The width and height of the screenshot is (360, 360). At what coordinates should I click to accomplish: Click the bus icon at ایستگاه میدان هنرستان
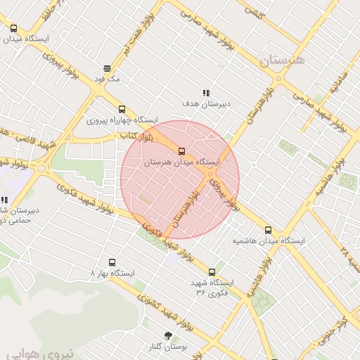coord(182,150)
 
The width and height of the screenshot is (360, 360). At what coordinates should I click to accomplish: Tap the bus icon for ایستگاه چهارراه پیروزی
coord(122,109)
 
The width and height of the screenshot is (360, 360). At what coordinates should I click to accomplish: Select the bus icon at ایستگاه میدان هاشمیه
coord(268,229)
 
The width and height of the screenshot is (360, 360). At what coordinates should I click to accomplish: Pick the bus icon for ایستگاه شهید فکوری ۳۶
coord(212,272)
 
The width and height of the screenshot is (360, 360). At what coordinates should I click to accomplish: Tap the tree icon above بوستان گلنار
coord(167,335)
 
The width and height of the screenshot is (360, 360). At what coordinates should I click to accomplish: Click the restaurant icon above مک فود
coord(107,68)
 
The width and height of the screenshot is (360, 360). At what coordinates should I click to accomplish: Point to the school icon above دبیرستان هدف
coord(206,93)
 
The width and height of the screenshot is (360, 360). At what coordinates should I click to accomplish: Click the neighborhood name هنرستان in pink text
coord(283,61)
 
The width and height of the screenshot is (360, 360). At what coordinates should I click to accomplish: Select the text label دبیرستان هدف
coord(207,104)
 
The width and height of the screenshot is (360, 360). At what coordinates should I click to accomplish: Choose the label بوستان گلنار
coord(168,347)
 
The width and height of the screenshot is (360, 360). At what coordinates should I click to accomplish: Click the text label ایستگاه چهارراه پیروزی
coord(122,120)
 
